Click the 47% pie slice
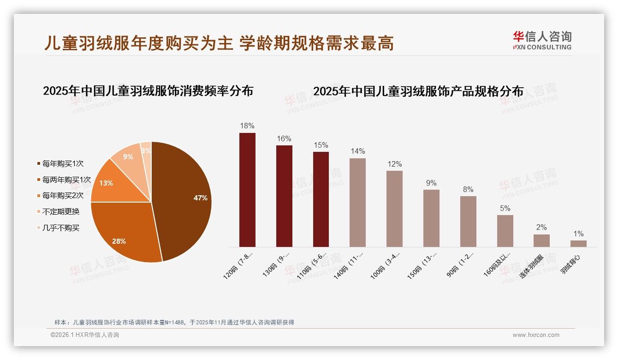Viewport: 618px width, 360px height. (x=184, y=198)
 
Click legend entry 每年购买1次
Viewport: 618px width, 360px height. (x=63, y=164)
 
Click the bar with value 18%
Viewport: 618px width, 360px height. (x=247, y=190)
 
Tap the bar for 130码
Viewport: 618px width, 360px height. (x=284, y=196)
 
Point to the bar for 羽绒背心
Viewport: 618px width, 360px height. (x=578, y=243)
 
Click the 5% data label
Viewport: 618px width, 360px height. (x=505, y=208)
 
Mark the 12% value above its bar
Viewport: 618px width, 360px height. (x=395, y=164)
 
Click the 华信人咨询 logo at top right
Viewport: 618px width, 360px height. (x=542, y=40)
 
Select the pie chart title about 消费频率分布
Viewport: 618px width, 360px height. (x=148, y=90)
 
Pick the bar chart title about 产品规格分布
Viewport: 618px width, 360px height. (x=418, y=91)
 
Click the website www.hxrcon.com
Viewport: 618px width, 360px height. (x=536, y=335)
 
